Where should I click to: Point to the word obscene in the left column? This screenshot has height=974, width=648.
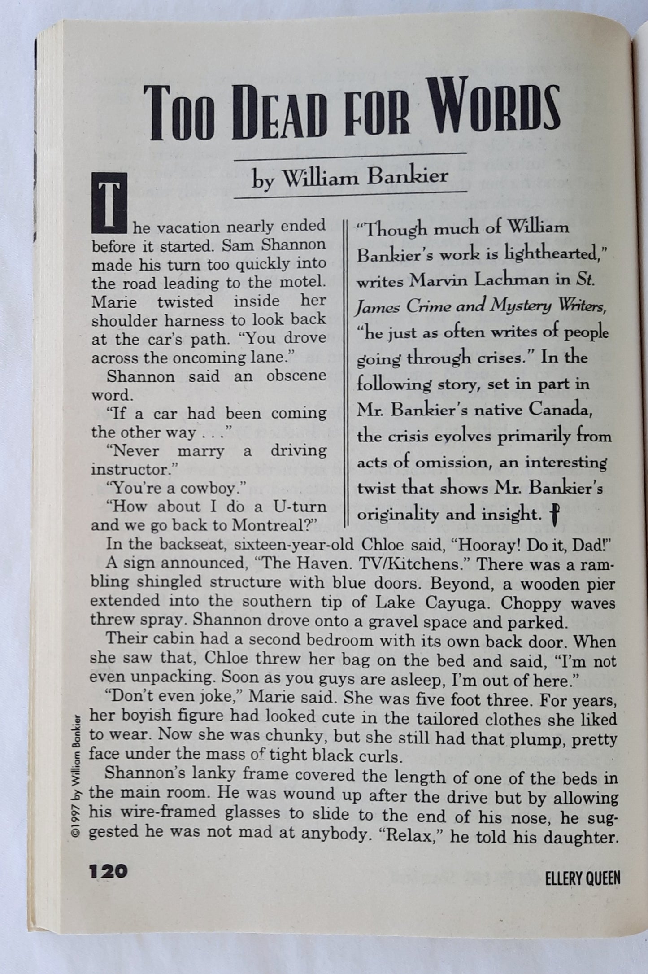click(x=296, y=376)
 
